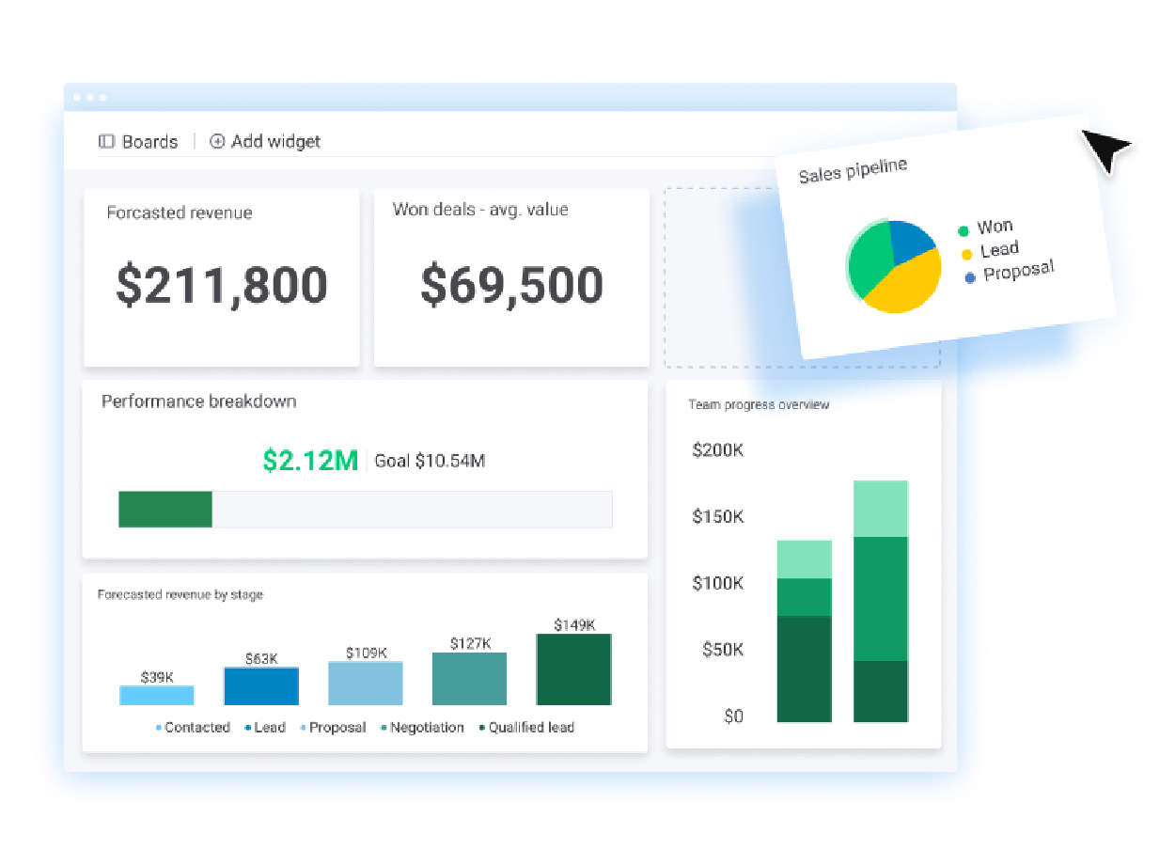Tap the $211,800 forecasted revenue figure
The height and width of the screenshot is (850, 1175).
click(x=222, y=286)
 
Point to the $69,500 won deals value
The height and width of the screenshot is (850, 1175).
click(x=511, y=286)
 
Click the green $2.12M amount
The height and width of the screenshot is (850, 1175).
click(x=310, y=461)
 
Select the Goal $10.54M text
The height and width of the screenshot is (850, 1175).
click(x=431, y=462)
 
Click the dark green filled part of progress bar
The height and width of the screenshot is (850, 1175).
click(x=165, y=509)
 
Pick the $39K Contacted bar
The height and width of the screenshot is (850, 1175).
click(x=157, y=695)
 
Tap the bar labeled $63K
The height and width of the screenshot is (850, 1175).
click(x=261, y=686)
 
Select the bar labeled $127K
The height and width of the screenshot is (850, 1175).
click(x=469, y=679)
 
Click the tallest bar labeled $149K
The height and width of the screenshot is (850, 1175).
click(x=573, y=669)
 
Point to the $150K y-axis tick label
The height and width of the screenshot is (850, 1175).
click(x=717, y=517)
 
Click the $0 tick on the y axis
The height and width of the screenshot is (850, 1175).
click(x=733, y=716)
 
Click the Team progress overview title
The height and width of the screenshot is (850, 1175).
click(x=759, y=405)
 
